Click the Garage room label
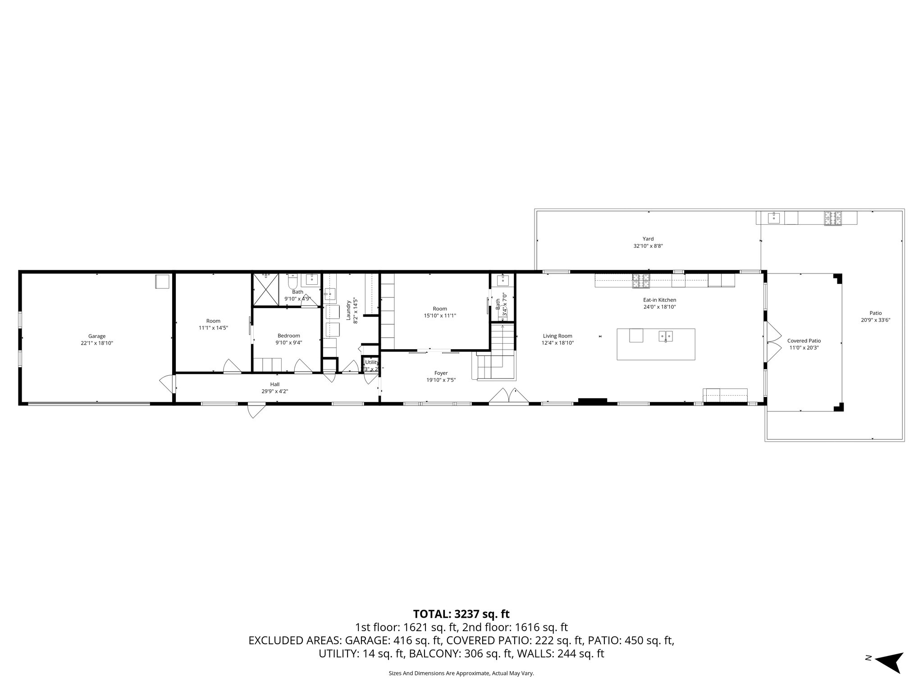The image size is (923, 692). pyautogui.click(x=96, y=336)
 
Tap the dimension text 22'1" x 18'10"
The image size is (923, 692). pyautogui.click(x=96, y=343)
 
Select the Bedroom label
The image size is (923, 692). pyautogui.click(x=288, y=336)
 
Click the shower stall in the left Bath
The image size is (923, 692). pyautogui.click(x=265, y=290)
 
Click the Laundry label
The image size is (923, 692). pyautogui.click(x=348, y=310)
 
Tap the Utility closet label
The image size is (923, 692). pyautogui.click(x=372, y=362)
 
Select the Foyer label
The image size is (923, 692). pyautogui.click(x=441, y=373)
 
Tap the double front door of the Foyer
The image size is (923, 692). pyautogui.click(x=508, y=396)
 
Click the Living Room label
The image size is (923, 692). pyautogui.click(x=557, y=336)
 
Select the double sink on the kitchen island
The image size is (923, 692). pyautogui.click(x=666, y=336)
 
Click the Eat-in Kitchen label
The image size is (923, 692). pyautogui.click(x=659, y=300)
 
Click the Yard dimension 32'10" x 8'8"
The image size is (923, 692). pyautogui.click(x=648, y=246)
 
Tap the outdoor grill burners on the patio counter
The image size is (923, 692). pyautogui.click(x=833, y=218)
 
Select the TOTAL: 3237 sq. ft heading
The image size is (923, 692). pyautogui.click(x=461, y=614)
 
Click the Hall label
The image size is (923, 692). pyautogui.click(x=274, y=384)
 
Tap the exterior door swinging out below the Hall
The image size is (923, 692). pyautogui.click(x=255, y=411)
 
